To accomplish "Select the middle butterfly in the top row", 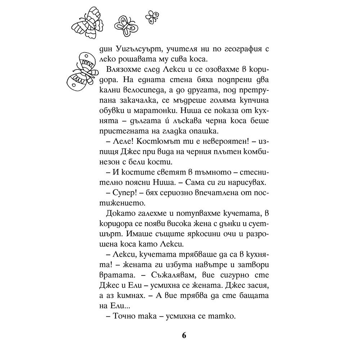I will click(125, 26).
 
